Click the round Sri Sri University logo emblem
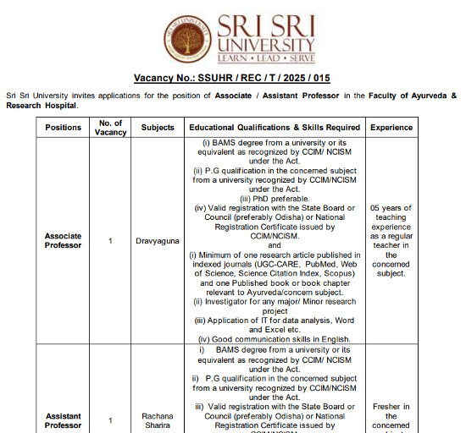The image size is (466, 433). (187, 40)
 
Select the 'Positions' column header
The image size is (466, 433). (63, 127)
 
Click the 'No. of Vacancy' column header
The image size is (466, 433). (110, 127)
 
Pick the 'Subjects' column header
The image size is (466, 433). (158, 127)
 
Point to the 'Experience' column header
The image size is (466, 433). (391, 127)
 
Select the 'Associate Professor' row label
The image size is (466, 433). (63, 240)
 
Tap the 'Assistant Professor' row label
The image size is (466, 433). (63, 419)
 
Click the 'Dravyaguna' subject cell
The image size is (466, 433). (158, 241)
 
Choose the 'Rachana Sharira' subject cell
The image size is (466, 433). (158, 419)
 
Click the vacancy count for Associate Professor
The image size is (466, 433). (110, 241)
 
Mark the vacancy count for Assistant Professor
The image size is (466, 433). (110, 420)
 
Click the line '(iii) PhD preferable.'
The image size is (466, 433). (275, 199)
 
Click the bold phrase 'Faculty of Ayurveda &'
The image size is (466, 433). (412, 96)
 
